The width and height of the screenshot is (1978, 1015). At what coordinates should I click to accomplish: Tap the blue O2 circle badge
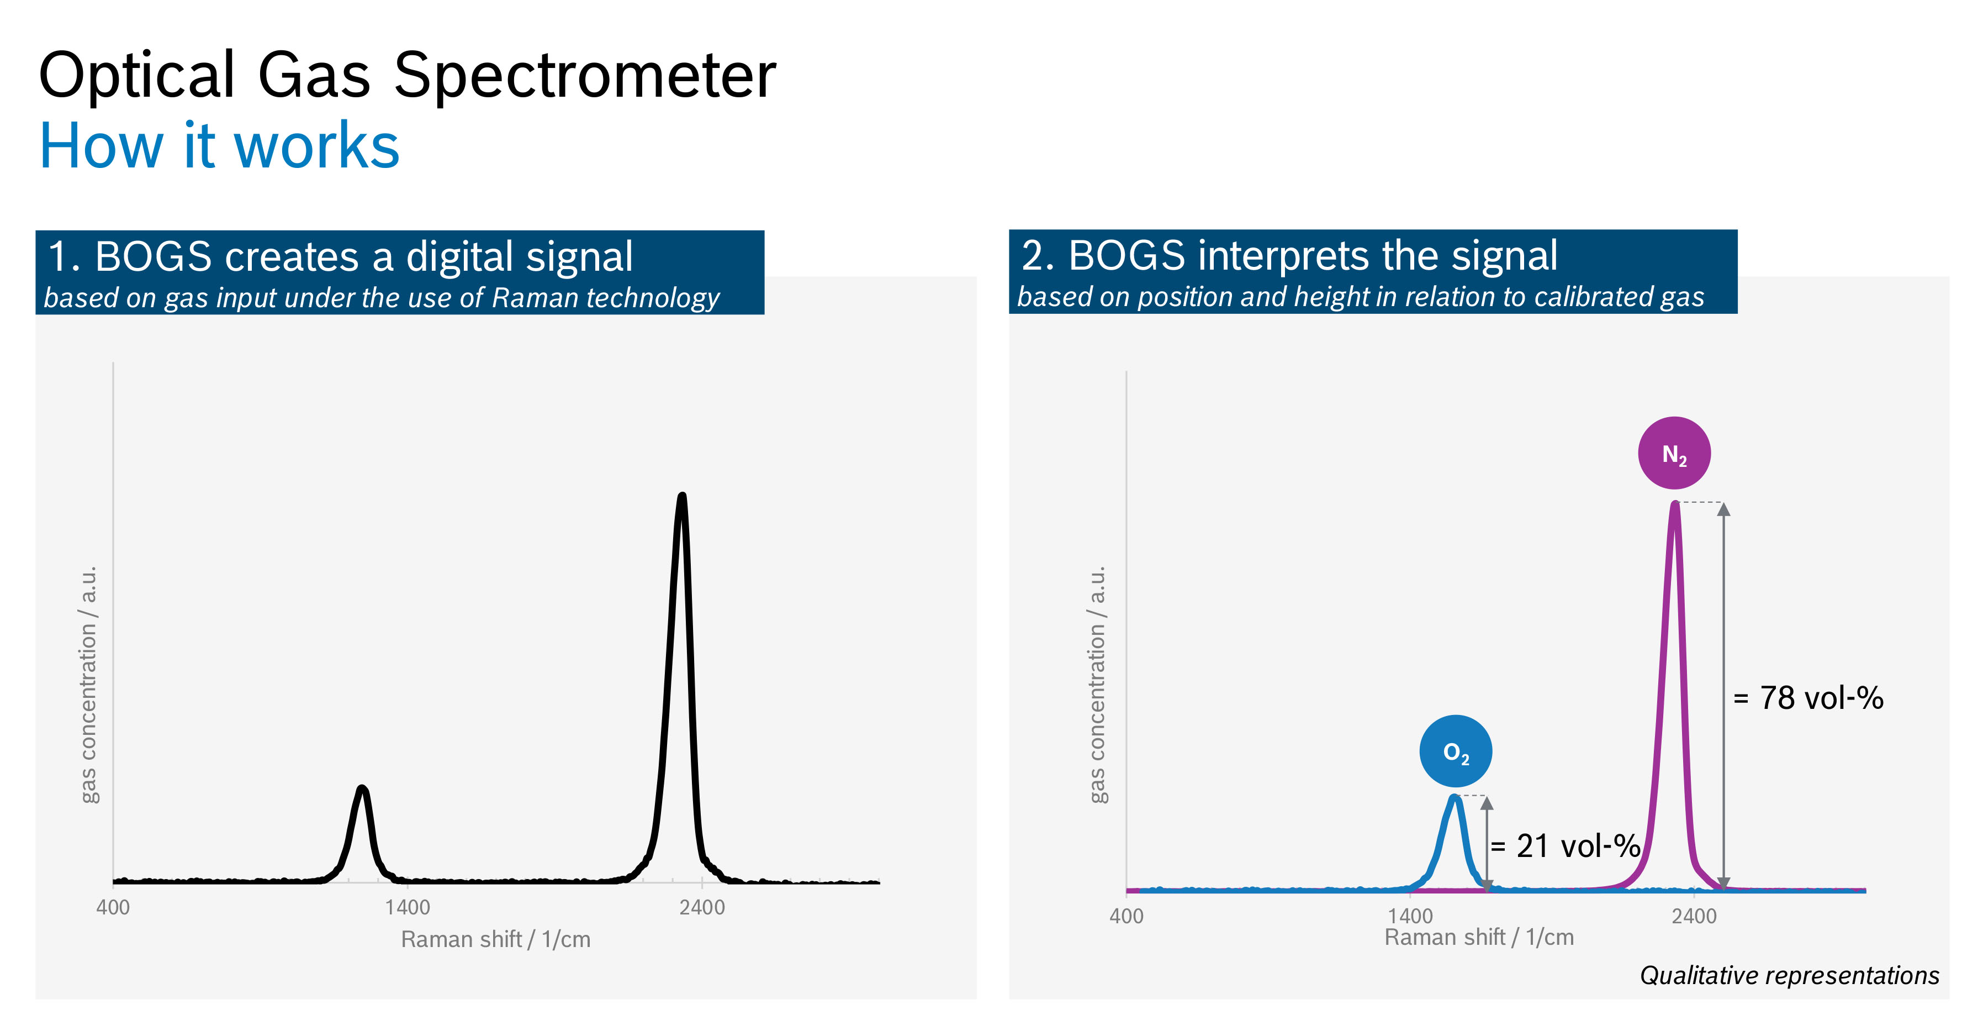pyautogui.click(x=1455, y=751)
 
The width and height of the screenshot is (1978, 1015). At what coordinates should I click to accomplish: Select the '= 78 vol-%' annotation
pyautogui.click(x=1808, y=698)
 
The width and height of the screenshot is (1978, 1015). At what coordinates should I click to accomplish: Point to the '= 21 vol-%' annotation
pyautogui.click(x=1565, y=846)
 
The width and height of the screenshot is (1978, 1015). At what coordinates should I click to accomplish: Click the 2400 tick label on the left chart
pyautogui.click(x=702, y=907)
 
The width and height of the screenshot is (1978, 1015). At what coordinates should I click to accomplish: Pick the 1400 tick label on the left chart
pyautogui.click(x=407, y=907)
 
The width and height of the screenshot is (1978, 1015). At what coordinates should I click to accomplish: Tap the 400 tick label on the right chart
pyautogui.click(x=1126, y=916)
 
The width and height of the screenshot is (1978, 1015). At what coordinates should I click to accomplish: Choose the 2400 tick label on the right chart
pyautogui.click(x=1694, y=916)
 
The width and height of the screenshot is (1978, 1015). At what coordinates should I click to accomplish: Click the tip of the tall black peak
pyautogui.click(x=682, y=496)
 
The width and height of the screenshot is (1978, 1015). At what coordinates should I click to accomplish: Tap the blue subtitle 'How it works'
pyautogui.click(x=220, y=145)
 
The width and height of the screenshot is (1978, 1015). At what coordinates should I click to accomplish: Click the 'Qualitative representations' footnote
pyautogui.click(x=1789, y=975)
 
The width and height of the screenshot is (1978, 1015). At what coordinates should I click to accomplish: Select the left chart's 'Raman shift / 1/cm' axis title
pyautogui.click(x=495, y=939)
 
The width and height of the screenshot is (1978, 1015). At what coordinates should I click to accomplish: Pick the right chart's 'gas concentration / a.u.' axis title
pyautogui.click(x=1097, y=685)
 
